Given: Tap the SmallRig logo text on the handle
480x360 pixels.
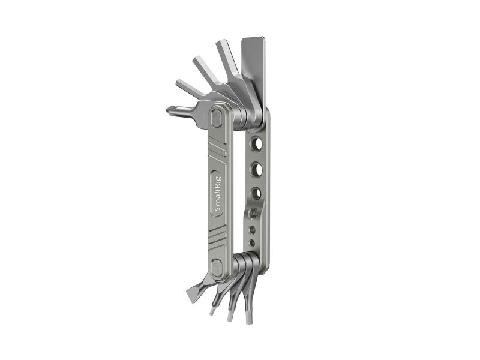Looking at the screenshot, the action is pyautogui.click(x=218, y=194).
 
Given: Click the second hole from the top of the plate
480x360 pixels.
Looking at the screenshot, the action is pyautogui.click(x=257, y=169).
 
